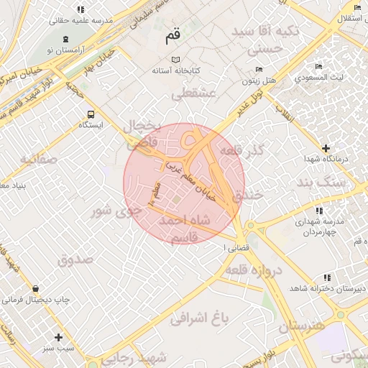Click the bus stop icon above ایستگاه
click(x=91, y=114)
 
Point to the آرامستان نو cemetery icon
click(x=66, y=39)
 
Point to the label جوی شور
click(x=116, y=211)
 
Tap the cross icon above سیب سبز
click(x=59, y=336)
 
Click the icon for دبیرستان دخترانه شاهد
click(x=327, y=277)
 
